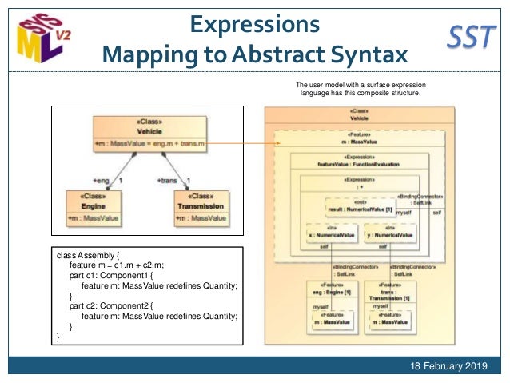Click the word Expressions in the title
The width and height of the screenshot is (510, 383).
coord(255,23)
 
